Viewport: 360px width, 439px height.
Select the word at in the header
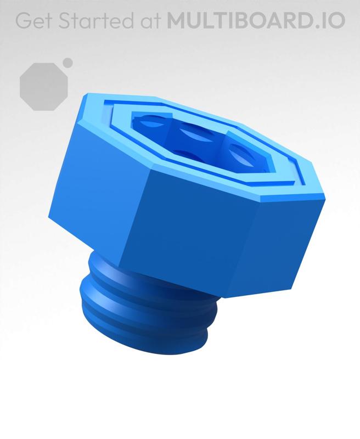pyautogui.click(x=148, y=21)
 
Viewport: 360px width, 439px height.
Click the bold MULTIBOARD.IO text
pyautogui.click(x=256, y=20)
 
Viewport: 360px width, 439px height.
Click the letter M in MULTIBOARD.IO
pyautogui.click(x=177, y=20)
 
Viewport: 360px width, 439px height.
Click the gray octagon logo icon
pyautogui.click(x=44, y=87)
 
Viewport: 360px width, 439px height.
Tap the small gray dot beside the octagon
pyautogui.click(x=67, y=63)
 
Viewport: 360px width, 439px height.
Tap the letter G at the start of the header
pyautogui.click(x=22, y=20)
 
